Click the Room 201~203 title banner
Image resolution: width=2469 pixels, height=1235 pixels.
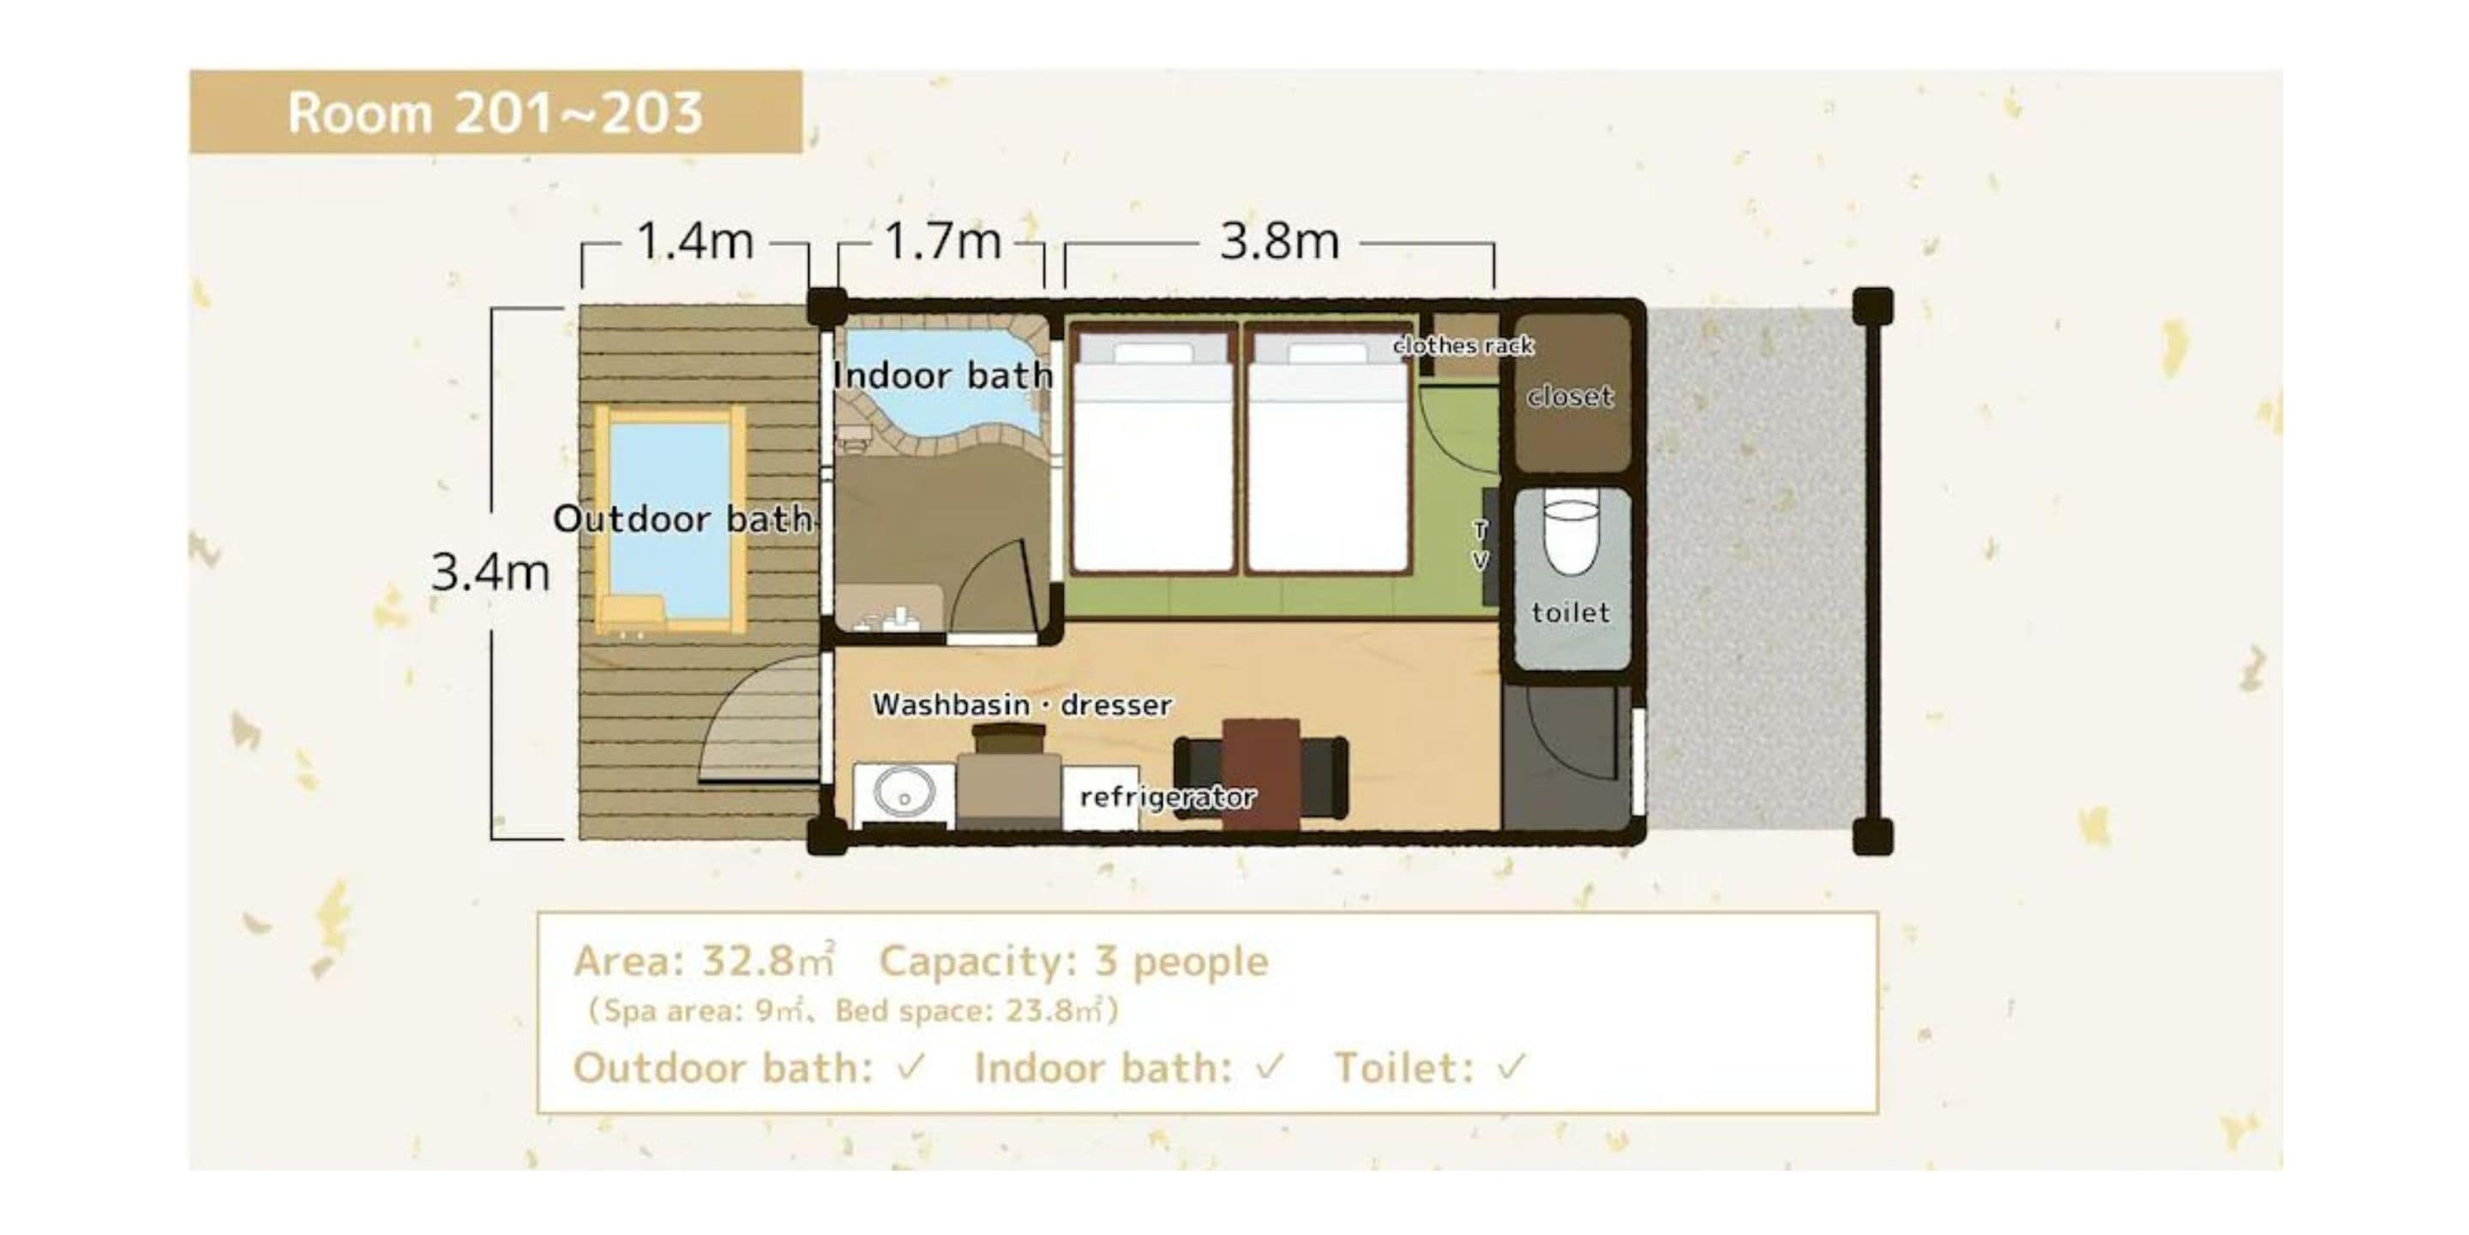click(x=495, y=112)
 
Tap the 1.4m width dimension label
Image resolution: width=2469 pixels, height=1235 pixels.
click(x=695, y=241)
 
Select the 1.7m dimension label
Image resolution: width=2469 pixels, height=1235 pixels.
click(x=942, y=241)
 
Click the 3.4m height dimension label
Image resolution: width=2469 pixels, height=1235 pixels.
click(x=490, y=572)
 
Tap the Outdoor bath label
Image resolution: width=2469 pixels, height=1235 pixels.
click(x=684, y=519)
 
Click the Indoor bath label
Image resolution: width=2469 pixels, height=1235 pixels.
click(x=942, y=375)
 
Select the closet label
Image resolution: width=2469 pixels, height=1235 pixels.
click(x=1569, y=396)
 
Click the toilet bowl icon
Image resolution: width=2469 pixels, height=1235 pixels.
click(x=1572, y=537)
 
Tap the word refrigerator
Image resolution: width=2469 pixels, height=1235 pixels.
click(x=1167, y=797)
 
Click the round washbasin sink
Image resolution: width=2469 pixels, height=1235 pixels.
click(x=903, y=795)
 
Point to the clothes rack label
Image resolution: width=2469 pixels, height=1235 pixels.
click(x=1463, y=345)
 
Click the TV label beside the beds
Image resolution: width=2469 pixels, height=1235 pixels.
click(x=1480, y=545)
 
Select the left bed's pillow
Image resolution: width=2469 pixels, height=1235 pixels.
click(x=1153, y=352)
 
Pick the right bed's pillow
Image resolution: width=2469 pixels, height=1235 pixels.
click(x=1326, y=352)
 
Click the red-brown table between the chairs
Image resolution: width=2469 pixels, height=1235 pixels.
click(x=1260, y=772)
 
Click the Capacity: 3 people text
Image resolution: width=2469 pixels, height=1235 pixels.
click(x=1073, y=960)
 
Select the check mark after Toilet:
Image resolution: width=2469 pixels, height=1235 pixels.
click(x=1511, y=1066)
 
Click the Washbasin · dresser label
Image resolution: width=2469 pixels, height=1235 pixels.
click(x=1022, y=705)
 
